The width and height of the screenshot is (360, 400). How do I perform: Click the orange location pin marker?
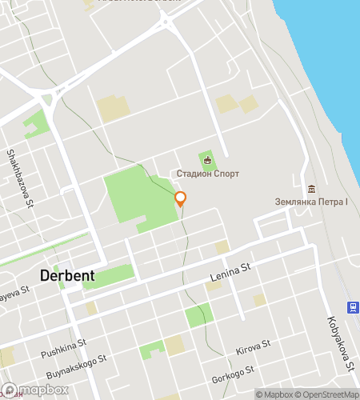181,199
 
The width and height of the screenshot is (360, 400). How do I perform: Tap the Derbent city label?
67,275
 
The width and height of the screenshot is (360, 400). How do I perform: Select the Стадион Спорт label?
208,174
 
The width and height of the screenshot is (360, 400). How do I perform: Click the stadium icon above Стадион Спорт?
208,160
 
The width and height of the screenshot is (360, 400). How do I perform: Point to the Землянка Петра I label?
311,202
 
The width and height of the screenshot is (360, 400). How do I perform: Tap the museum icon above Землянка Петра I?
311,188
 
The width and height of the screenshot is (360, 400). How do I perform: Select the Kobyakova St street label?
340,345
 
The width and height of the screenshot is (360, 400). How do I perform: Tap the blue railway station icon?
351,306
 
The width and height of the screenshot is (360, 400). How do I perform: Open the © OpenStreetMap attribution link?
328,394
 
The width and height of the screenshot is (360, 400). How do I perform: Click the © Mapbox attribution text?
274,394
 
